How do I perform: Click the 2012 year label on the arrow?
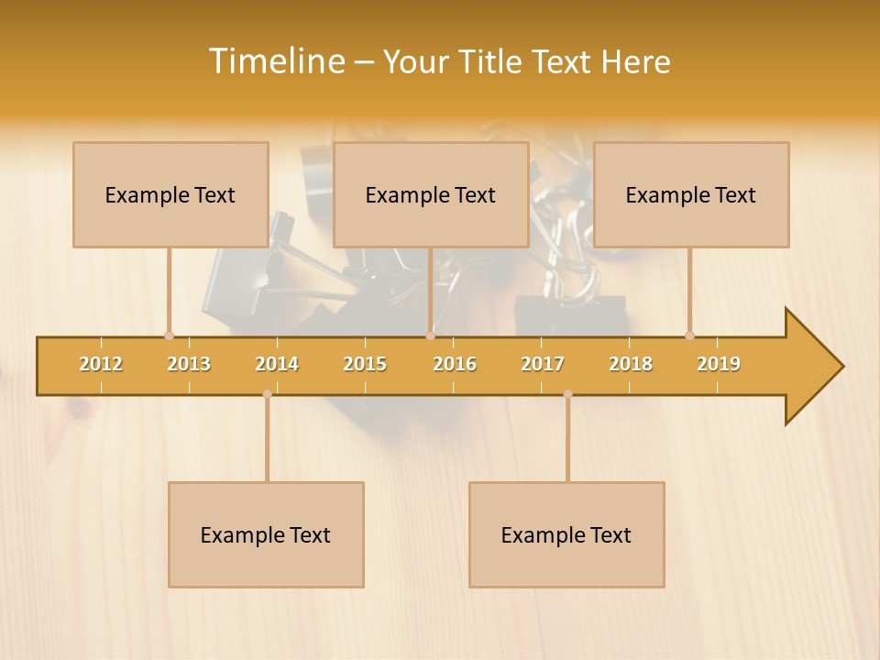click(x=101, y=364)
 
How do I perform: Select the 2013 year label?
click(x=189, y=364)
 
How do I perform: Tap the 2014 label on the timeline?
click(x=277, y=364)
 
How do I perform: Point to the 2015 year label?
click(x=365, y=364)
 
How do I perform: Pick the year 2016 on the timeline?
click(x=455, y=364)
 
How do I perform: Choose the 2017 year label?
click(x=543, y=364)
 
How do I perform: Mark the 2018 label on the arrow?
click(x=631, y=364)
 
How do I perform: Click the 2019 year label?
click(x=719, y=364)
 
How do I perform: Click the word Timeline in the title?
click(x=276, y=61)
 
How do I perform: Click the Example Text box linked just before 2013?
click(x=170, y=194)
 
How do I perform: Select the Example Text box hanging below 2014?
click(x=266, y=534)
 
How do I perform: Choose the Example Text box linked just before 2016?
click(x=431, y=194)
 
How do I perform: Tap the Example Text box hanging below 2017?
click(x=566, y=534)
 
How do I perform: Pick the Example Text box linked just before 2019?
click(x=691, y=194)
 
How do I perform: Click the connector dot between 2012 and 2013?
click(x=169, y=335)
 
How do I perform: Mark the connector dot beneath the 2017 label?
click(x=567, y=394)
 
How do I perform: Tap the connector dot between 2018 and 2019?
click(x=689, y=335)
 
